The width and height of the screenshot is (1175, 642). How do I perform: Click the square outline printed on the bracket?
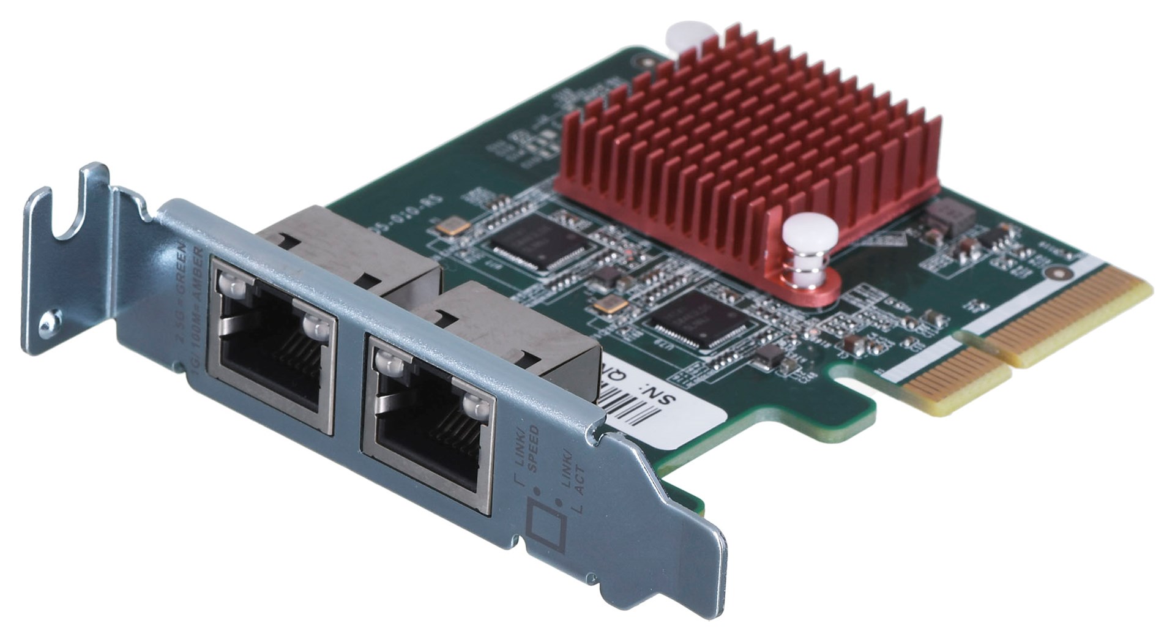coord(546,525)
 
